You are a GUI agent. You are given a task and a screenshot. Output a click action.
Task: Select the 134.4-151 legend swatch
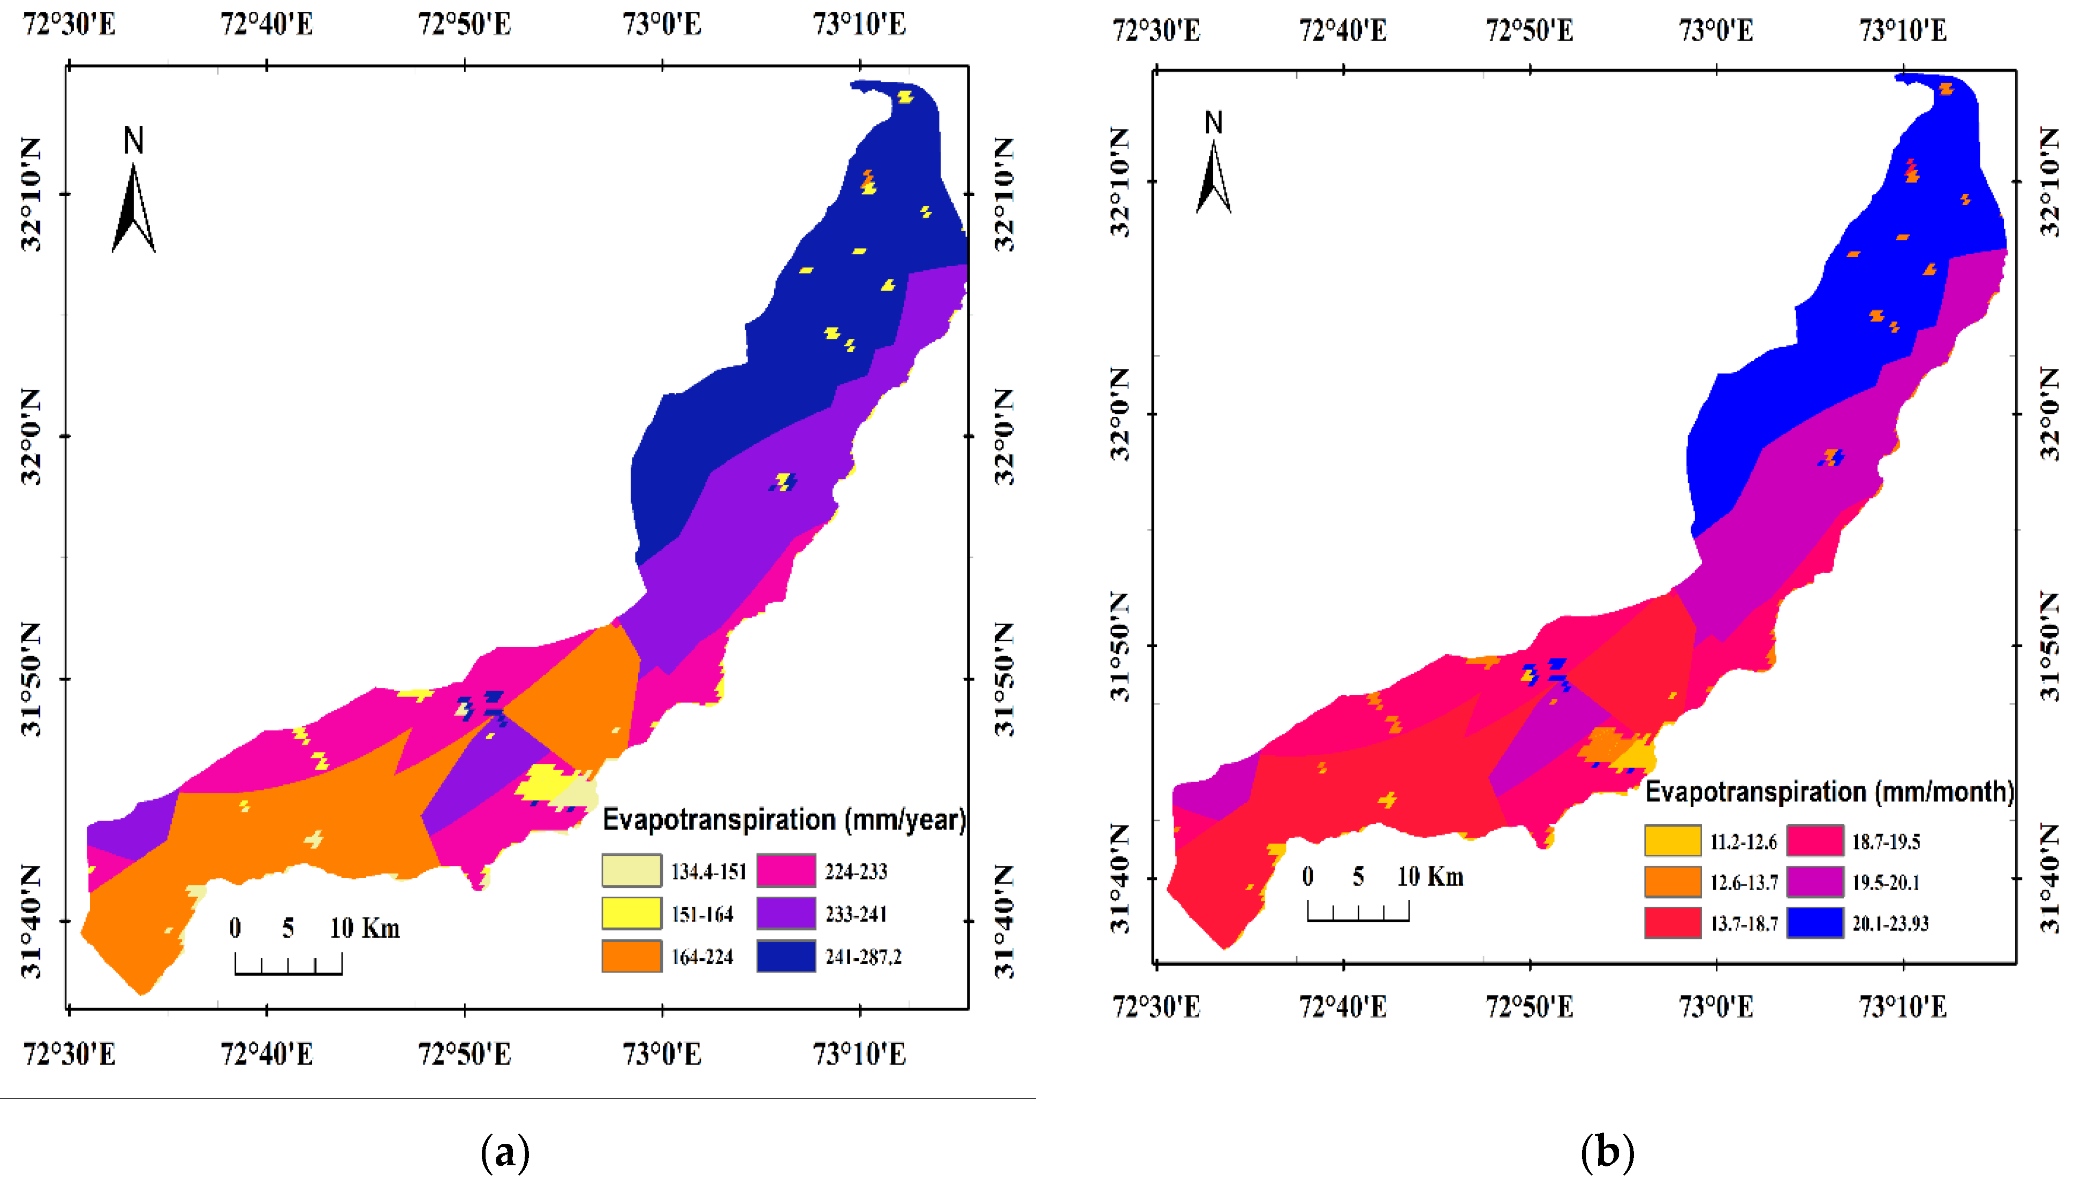pyautogui.click(x=631, y=870)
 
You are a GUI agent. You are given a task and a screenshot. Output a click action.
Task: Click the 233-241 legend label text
pyautogui.click(x=856, y=914)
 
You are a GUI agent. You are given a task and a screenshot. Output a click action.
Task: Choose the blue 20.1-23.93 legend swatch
pyautogui.click(x=1814, y=923)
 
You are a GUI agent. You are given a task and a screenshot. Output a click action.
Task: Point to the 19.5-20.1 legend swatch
pyautogui.click(x=1814, y=882)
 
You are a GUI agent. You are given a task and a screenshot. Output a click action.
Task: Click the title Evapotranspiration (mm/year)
pyautogui.click(x=784, y=819)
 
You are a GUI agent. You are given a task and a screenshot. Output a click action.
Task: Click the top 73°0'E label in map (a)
pyautogui.click(x=662, y=25)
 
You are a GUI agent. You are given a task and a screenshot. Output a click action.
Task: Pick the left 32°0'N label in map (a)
pyautogui.click(x=31, y=437)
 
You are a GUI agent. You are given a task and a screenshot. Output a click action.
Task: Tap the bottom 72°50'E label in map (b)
pyautogui.click(x=1529, y=1007)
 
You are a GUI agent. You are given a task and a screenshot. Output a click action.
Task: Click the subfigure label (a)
pyautogui.click(x=505, y=1151)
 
